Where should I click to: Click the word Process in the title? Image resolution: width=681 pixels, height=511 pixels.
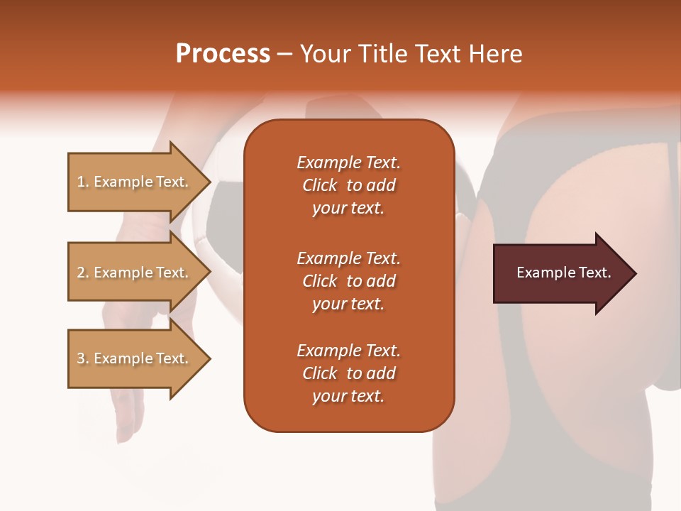[x=223, y=53]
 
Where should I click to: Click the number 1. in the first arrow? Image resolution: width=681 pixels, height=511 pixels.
[x=83, y=182]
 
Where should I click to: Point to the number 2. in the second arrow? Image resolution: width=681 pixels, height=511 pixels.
[x=83, y=273]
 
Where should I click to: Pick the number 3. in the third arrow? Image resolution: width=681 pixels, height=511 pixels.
[x=83, y=358]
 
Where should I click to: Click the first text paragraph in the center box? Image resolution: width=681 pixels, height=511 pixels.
[x=348, y=185]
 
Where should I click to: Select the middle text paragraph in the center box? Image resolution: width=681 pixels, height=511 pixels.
[x=348, y=281]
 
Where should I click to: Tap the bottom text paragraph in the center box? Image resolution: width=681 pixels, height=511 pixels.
[x=348, y=373]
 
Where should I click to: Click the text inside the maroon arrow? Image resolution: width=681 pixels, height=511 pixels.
[x=564, y=273]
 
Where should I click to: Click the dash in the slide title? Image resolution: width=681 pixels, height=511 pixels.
[x=285, y=54]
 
